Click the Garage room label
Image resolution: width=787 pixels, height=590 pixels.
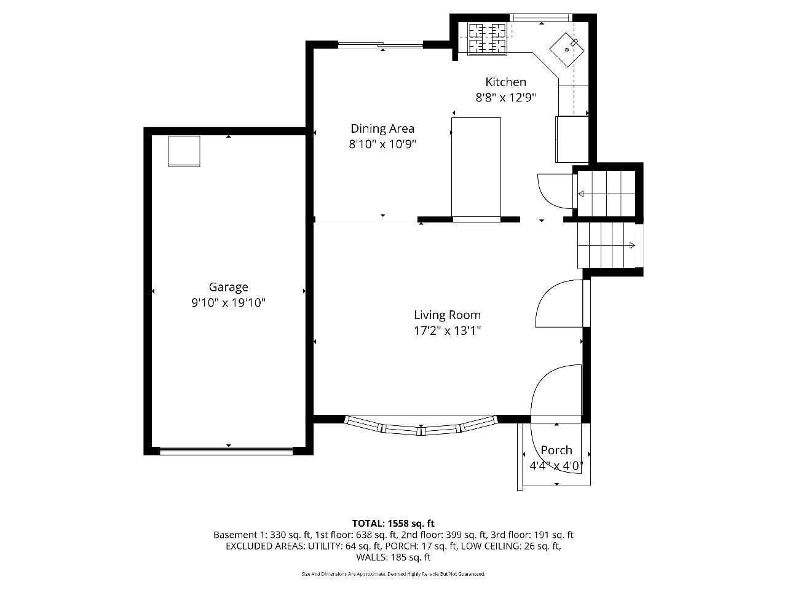[x=228, y=287]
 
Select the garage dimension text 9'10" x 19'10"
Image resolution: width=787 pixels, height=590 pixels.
[x=228, y=303]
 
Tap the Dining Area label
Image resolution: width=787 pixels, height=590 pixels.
[x=382, y=128]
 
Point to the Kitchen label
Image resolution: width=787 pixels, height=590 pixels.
[x=505, y=82]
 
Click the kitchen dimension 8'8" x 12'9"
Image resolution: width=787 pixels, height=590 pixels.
[x=505, y=98]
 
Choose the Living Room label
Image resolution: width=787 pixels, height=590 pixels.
[x=447, y=315]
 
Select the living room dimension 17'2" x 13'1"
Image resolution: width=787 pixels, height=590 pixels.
[x=447, y=331]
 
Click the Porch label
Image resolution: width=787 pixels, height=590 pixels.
[x=556, y=450]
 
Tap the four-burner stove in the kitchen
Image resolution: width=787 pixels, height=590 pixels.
[x=487, y=39]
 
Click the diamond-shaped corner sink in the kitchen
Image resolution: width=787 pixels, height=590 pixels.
[x=566, y=50]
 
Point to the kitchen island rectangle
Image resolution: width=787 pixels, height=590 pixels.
[x=476, y=170]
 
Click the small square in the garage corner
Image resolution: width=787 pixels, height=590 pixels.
[x=184, y=151]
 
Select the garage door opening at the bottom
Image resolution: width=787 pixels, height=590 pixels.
[x=226, y=451]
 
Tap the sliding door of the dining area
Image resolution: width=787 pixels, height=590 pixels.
[x=381, y=45]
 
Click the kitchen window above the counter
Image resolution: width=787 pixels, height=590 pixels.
[x=540, y=18]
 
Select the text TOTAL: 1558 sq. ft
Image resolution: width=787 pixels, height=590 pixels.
[x=393, y=524]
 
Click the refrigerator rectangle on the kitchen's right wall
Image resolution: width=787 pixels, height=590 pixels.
[x=572, y=140]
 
